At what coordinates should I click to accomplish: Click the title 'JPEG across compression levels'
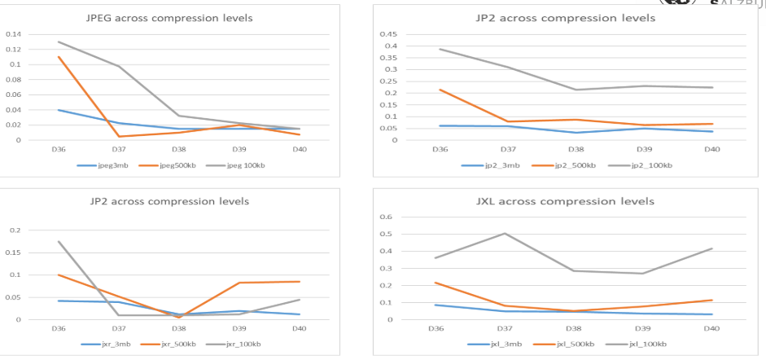(x=169, y=18)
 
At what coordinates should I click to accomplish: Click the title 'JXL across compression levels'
(x=565, y=201)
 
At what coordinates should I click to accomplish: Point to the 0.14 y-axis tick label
(x=14, y=34)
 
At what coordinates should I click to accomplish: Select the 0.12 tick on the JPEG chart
(x=14, y=49)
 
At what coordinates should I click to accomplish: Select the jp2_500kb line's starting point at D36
(x=440, y=90)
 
